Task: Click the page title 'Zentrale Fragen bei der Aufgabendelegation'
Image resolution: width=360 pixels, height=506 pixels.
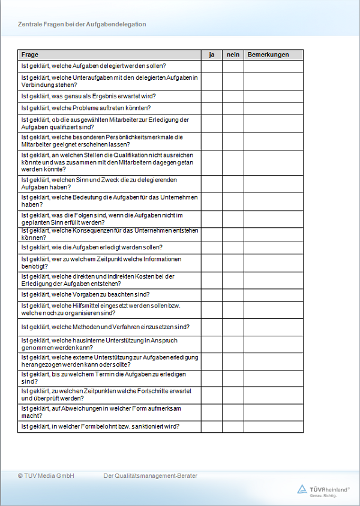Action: tap(82, 25)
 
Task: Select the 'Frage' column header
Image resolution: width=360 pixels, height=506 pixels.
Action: tap(30, 55)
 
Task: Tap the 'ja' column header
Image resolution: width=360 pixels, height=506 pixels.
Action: tap(212, 55)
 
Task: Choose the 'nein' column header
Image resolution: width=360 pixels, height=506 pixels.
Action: tap(233, 55)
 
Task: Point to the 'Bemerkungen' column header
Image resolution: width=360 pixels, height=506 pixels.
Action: tap(268, 55)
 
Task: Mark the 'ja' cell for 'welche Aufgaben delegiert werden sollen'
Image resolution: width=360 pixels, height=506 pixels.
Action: tap(212, 66)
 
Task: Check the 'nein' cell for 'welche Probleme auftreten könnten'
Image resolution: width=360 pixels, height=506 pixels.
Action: tap(233, 108)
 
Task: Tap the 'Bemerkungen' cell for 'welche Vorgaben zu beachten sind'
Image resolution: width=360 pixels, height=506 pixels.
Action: tap(274, 294)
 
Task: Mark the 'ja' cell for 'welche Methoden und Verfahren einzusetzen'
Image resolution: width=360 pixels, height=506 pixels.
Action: tap(212, 327)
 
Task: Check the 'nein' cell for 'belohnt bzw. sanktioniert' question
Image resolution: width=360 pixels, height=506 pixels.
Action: tap(233, 427)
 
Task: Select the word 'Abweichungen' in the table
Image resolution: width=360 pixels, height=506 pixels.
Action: tap(69, 409)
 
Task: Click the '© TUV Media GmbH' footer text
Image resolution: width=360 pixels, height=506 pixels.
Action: tap(46, 476)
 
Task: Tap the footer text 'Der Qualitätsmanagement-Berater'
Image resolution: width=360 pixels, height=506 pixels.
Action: tap(151, 476)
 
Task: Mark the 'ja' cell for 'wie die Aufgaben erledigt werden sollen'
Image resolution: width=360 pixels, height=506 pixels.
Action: tap(212, 247)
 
